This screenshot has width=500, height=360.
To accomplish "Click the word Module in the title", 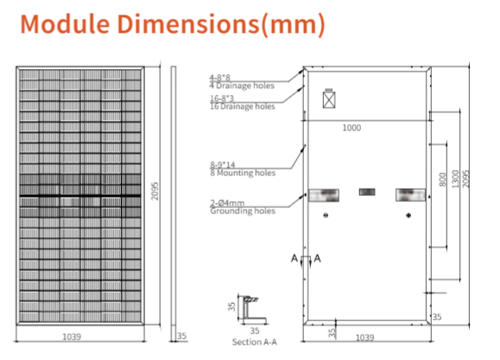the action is click(65, 24).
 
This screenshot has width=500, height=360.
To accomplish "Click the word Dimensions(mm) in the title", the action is click(221, 25).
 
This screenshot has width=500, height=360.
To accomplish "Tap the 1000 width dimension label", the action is click(351, 128).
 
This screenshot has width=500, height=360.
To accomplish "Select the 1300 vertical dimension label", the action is click(455, 179).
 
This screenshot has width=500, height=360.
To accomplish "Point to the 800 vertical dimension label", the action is click(442, 180).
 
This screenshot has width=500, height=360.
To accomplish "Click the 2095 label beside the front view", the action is click(155, 191).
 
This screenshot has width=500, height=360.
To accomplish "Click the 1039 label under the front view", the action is click(72, 337).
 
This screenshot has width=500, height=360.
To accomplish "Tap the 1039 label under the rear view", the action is click(364, 338).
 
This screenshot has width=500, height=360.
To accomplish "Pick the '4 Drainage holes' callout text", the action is click(242, 85).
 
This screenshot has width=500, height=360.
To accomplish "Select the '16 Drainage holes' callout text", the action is click(243, 106).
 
